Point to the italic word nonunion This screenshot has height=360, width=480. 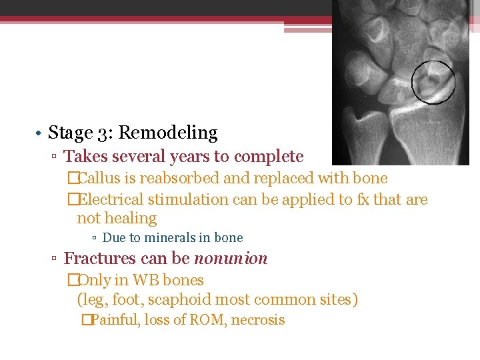[x=230, y=259]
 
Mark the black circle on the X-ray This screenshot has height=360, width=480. [x=433, y=82]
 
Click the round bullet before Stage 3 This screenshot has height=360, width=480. [x=41, y=134]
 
